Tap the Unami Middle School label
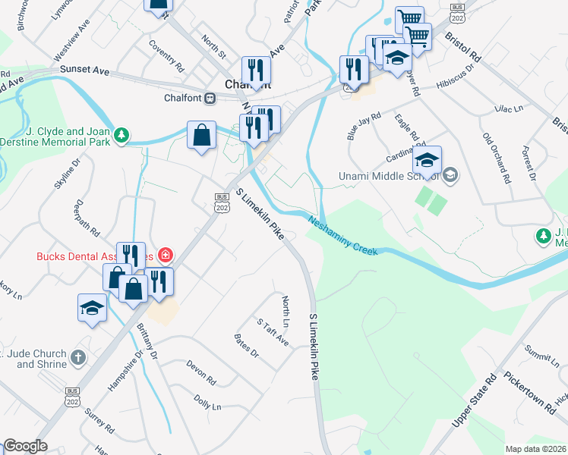pyautogui.click(x=387, y=177)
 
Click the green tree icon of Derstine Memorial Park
pyautogui.click(x=121, y=136)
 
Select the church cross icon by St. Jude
pyautogui.click(x=78, y=356)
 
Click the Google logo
pyautogui.click(x=25, y=446)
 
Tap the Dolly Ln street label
pyautogui.click(x=207, y=402)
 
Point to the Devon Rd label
pyautogui.click(x=201, y=371)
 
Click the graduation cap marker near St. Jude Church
pyautogui.click(x=93, y=308)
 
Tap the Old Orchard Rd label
pyautogui.click(x=495, y=158)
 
